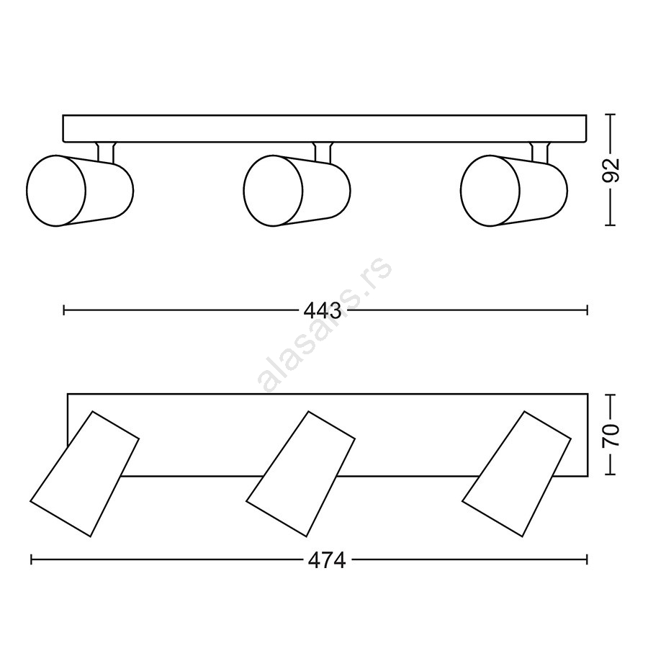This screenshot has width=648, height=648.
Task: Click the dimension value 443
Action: click(323, 311)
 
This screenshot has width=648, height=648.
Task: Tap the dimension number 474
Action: click(327, 561)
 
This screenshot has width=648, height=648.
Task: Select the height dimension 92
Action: click(611, 170)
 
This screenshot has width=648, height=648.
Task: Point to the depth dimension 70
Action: click(611, 435)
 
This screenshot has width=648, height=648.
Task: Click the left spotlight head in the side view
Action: click(80, 191)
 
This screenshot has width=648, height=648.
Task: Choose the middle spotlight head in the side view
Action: click(297, 191)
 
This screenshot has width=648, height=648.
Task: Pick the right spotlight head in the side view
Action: click(514, 191)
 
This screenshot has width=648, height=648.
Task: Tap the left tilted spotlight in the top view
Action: click(84, 474)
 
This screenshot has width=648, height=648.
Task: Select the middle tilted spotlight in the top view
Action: click(300, 474)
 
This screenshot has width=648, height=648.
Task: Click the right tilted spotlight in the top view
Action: click(516, 474)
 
